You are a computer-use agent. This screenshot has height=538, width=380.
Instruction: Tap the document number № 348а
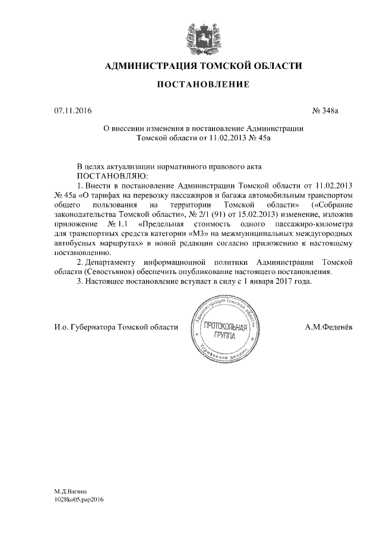point(324,111)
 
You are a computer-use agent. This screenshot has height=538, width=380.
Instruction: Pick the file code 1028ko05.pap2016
point(79,501)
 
